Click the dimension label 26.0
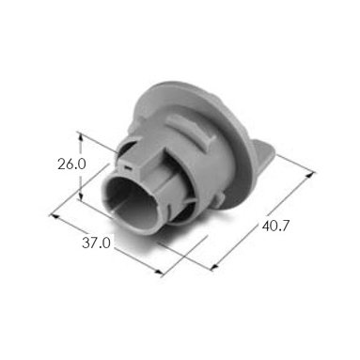[x=71, y=164]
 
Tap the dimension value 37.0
[x=96, y=243]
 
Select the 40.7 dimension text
[x=275, y=226]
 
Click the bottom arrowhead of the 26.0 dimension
[x=81, y=196]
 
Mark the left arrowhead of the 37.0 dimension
[x=54, y=216]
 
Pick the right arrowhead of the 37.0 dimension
[x=159, y=273]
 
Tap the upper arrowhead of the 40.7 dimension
[x=310, y=174]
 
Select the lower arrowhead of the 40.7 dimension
[x=214, y=266]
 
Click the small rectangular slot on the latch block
[x=128, y=168]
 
